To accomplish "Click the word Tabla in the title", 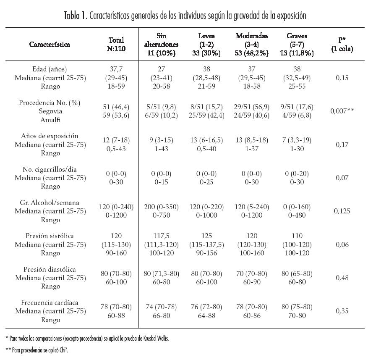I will pos(72,16).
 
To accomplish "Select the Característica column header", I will pos(50,44).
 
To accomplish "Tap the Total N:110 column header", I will pos(116,44).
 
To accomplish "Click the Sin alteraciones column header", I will pos(161,44).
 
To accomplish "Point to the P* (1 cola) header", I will pos(342,44).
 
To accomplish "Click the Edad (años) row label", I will pos(50,69).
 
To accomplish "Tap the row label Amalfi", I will pos(50,119).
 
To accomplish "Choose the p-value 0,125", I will pos(342,211).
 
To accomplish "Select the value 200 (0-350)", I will pos(161,207).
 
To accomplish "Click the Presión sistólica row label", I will pos(50,236).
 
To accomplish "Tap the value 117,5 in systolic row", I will pos(161,236).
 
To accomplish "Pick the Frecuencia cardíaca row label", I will pos(50,302).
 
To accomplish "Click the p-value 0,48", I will pos(342,277).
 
